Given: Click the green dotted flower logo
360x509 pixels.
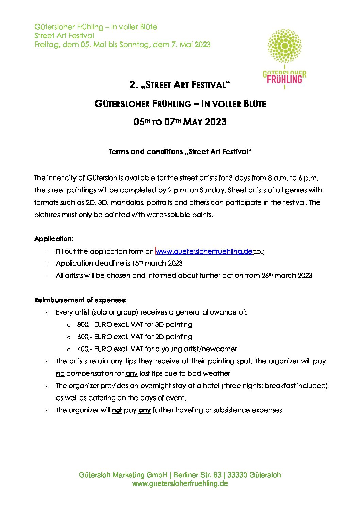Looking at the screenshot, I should pyautogui.click(x=285, y=46).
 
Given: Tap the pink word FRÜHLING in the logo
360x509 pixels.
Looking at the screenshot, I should pyautogui.click(x=284, y=80).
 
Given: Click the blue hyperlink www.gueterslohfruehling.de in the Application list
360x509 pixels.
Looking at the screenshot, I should pyautogui.click(x=204, y=252).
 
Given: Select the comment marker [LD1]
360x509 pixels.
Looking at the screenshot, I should pyautogui.click(x=259, y=252).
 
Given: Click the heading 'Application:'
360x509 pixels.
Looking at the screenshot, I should pyautogui.click(x=54, y=239).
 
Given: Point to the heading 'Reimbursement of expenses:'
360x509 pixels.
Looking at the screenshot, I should pyautogui.click(x=80, y=300).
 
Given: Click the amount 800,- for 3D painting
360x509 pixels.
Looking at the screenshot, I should pyautogui.click(x=84, y=324).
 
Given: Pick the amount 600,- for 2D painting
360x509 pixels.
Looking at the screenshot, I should pyautogui.click(x=84, y=337).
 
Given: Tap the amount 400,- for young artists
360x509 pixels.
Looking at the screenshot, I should pyautogui.click(x=84, y=349).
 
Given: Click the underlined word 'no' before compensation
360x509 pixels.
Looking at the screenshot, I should pyautogui.click(x=60, y=373).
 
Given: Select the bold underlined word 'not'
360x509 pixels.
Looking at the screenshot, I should pyautogui.click(x=117, y=410).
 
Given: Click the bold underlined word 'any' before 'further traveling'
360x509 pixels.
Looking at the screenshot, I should pyautogui.click(x=145, y=410).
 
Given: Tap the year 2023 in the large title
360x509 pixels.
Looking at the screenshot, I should pyautogui.click(x=216, y=122).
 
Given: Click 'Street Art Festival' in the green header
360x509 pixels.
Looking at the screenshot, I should pyautogui.click(x=64, y=36).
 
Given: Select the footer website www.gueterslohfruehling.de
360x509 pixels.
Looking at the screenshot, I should pyautogui.click(x=180, y=483).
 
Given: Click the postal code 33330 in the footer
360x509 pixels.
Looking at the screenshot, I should pyautogui.click(x=237, y=475).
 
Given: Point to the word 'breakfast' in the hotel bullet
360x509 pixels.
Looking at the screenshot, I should pyautogui.click(x=280, y=386).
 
